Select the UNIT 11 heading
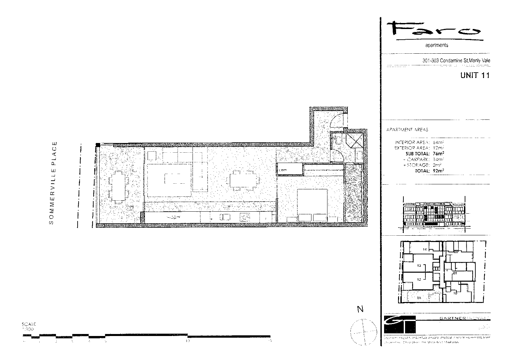click(x=475, y=75)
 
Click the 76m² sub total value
click(x=438, y=153)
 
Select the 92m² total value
click(x=438, y=171)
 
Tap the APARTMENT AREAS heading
click(x=407, y=130)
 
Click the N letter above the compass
click(x=360, y=309)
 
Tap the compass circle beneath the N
click(x=363, y=332)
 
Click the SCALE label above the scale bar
click(x=29, y=324)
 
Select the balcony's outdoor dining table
click(x=118, y=187)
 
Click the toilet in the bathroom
click(x=337, y=140)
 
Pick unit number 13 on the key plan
click(x=419, y=266)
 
